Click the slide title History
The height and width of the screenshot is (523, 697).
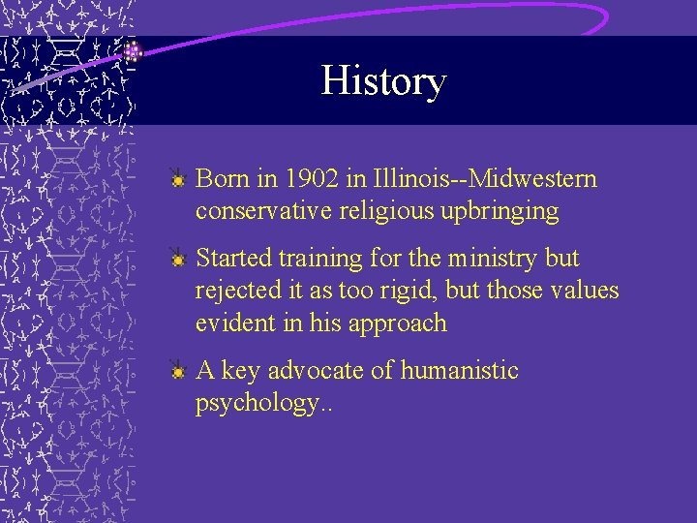tap(383, 81)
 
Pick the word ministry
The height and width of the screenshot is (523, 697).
tap(479, 259)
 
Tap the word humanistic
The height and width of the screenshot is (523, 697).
tap(460, 371)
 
